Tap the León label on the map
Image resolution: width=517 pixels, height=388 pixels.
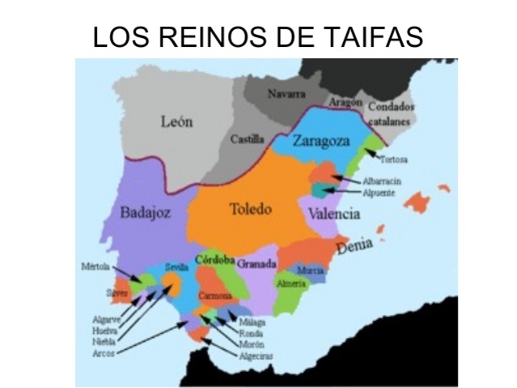pos(176,123)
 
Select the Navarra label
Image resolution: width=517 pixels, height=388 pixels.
pos(286,95)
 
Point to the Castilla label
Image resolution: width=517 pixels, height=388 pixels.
pos(247,139)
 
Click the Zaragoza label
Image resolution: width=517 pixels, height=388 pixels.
pos(321,141)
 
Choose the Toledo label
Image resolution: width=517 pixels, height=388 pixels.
pos(250,209)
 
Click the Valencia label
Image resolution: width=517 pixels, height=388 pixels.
pos(333,213)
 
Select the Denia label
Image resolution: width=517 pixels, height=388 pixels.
pos(358,246)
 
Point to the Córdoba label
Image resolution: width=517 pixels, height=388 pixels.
pos(214,260)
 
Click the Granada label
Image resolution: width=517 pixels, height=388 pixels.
pos(257,264)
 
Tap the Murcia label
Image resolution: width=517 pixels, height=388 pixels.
pos(311,270)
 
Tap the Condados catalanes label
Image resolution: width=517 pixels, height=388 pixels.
pos(392,112)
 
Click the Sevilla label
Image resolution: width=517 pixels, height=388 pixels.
pos(176,268)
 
